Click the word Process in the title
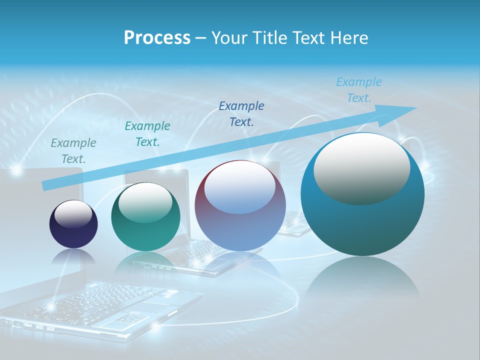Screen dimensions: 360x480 157,38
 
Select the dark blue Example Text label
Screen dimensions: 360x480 241,113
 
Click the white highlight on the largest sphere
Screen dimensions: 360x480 361,169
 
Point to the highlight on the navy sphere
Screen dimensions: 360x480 73,214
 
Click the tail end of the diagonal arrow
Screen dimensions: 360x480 46,185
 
